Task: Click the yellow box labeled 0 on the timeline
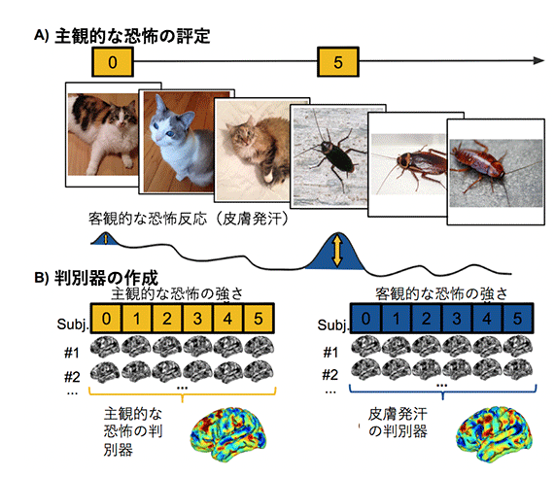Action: pyautogui.click(x=113, y=62)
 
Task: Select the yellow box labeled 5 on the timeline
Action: pyautogui.click(x=338, y=62)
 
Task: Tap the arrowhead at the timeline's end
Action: pyautogui.click(x=538, y=61)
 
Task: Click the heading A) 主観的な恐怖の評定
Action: pyautogui.click(x=122, y=36)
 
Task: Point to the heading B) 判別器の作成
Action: pyautogui.click(x=96, y=278)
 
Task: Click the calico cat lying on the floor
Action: pyautogui.click(x=103, y=134)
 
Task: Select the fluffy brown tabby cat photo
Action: pyautogui.click(x=253, y=150)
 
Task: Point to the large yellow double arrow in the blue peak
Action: pyautogui.click(x=337, y=251)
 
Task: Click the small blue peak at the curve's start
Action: pyautogui.click(x=105, y=239)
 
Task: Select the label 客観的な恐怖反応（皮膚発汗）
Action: pyautogui.click(x=189, y=219)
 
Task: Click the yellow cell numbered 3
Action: pyautogui.click(x=197, y=319)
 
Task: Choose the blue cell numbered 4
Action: pyautogui.click(x=487, y=319)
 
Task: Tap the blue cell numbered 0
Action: pyautogui.click(x=366, y=319)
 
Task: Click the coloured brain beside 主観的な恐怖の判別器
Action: pyautogui.click(x=229, y=434)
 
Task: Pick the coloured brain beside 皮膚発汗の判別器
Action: pyautogui.click(x=494, y=434)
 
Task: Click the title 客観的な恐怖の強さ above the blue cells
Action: pyautogui.click(x=441, y=294)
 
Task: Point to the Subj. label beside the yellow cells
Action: pyautogui.click(x=73, y=324)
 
